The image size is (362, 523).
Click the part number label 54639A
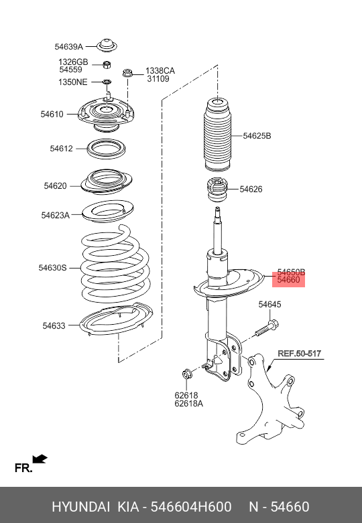point(68,47)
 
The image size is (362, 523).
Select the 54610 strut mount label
point(52,115)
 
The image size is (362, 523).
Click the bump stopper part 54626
point(218,190)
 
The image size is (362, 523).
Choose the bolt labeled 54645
point(266,328)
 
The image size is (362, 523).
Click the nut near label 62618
point(187,373)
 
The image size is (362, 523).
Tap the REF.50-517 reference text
point(300,353)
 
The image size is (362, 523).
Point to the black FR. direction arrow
point(40,459)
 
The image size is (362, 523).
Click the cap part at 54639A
point(106,46)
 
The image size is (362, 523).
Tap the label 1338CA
point(160,70)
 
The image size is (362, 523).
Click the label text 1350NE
point(73,82)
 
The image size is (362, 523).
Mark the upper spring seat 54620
point(107,181)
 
